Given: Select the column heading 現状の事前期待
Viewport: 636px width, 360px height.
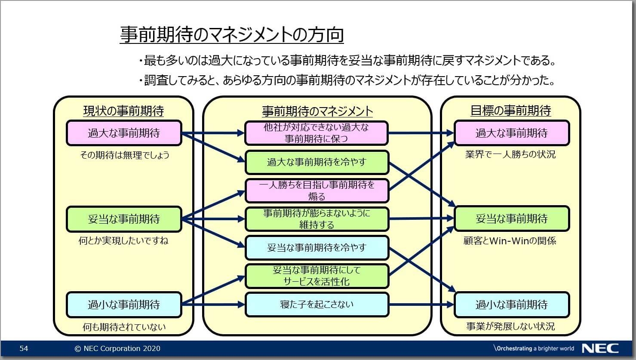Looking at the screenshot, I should coord(123,111).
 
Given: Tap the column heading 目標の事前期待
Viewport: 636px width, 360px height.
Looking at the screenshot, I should coord(510,111).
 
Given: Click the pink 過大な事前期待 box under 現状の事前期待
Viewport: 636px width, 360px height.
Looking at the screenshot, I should coord(124,133).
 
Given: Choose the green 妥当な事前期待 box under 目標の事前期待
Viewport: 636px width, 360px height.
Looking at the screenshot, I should coord(512,219).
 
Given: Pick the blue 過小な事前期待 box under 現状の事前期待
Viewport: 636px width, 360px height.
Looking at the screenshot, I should coord(124,305).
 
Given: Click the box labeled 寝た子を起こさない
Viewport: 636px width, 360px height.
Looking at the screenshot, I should coord(316,305).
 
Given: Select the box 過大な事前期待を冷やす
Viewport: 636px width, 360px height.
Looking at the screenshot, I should coord(316,162).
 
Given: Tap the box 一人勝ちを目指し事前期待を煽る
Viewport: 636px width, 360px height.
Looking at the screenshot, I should coord(316,191).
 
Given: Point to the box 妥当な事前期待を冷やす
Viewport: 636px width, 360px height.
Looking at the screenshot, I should coord(316,248).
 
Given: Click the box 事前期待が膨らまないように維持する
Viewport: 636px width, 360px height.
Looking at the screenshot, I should coord(316,219).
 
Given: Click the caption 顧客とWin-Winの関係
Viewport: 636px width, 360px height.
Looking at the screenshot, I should coord(510,241).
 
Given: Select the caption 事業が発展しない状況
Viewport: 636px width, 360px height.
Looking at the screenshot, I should coord(510,326).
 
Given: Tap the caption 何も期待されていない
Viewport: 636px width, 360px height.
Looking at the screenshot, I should coord(124,327).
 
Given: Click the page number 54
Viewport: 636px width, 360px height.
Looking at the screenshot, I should coord(24,348).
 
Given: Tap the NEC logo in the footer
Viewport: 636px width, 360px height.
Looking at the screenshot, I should coord(600,348).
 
